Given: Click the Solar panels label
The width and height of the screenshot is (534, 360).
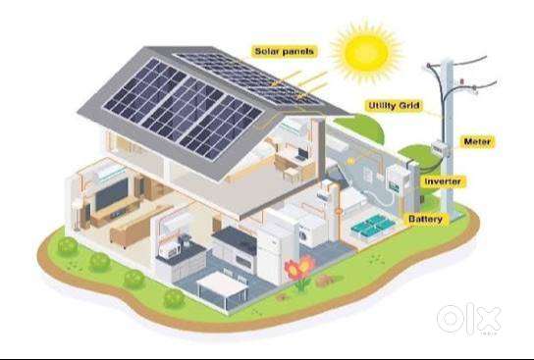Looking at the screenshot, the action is [284, 51].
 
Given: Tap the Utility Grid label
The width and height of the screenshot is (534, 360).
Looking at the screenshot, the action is [394, 106].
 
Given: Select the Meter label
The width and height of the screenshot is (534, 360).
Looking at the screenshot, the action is [477, 141].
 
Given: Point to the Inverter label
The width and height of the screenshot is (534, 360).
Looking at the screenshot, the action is [443, 181].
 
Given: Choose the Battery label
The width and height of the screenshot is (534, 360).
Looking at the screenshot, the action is [426, 219].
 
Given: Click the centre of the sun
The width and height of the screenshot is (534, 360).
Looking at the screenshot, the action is [366, 53].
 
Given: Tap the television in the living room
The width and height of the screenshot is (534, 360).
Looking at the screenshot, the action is [111, 194].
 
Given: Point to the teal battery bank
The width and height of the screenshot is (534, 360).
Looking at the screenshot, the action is [373, 225].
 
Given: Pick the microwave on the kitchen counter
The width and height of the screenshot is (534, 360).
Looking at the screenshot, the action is [169, 252].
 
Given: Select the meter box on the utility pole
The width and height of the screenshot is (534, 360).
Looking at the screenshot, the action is [441, 149].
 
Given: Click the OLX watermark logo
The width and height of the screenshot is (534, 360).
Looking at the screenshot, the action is [468, 319].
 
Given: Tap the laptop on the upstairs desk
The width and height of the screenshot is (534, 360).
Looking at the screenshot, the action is [301, 154].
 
